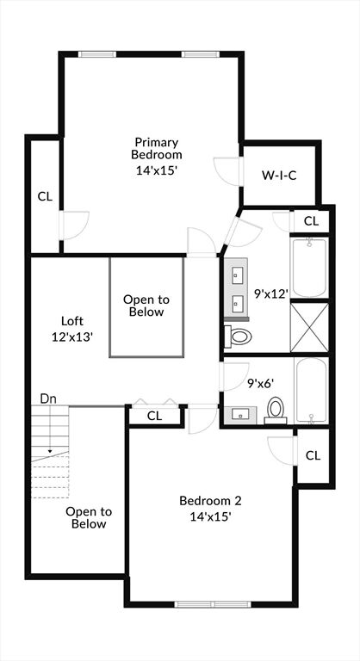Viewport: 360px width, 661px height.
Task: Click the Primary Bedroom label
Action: click(156, 148)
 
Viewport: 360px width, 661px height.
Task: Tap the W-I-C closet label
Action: click(279, 176)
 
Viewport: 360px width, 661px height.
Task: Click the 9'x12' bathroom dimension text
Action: click(271, 293)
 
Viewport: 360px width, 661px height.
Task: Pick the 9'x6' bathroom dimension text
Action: click(261, 383)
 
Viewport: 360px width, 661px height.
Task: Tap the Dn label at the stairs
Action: click(48, 398)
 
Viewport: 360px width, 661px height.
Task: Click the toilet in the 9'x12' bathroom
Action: click(238, 337)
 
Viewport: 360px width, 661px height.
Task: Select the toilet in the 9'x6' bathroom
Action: click(276, 411)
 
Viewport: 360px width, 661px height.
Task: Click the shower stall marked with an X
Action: click(309, 327)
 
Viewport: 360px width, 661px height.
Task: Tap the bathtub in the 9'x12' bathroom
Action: click(309, 267)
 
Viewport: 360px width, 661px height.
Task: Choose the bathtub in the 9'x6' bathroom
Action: click(311, 391)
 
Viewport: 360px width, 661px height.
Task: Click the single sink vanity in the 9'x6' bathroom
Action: click(240, 415)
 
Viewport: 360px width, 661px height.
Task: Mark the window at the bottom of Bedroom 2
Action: click(213, 604)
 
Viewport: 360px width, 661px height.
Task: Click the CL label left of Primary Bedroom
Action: click(45, 196)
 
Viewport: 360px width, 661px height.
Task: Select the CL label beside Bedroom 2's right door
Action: click(313, 455)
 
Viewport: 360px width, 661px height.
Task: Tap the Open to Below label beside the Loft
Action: click(146, 306)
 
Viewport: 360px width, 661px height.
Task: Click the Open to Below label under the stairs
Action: click(89, 517)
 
